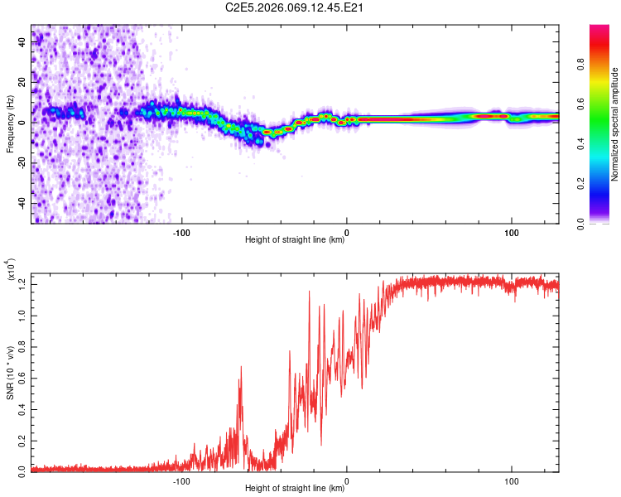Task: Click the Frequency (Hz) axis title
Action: [x=11, y=123]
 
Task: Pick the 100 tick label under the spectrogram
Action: [x=512, y=232]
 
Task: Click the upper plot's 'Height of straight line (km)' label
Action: [x=295, y=240]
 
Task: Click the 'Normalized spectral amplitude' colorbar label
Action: [x=615, y=123]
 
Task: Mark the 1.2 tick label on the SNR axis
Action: [x=23, y=283]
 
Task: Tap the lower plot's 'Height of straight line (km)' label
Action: [x=295, y=489]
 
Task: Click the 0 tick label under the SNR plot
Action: [x=347, y=480]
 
